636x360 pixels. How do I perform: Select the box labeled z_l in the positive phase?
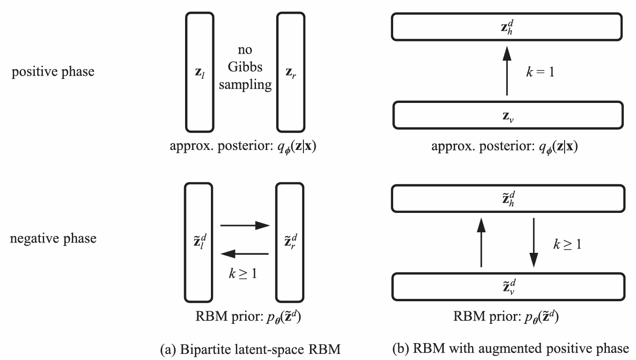coord(201,72)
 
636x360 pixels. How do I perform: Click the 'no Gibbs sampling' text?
coord(246,72)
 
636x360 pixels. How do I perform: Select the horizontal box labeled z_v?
coord(508,116)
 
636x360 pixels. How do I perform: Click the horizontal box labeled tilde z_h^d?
coord(508,196)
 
